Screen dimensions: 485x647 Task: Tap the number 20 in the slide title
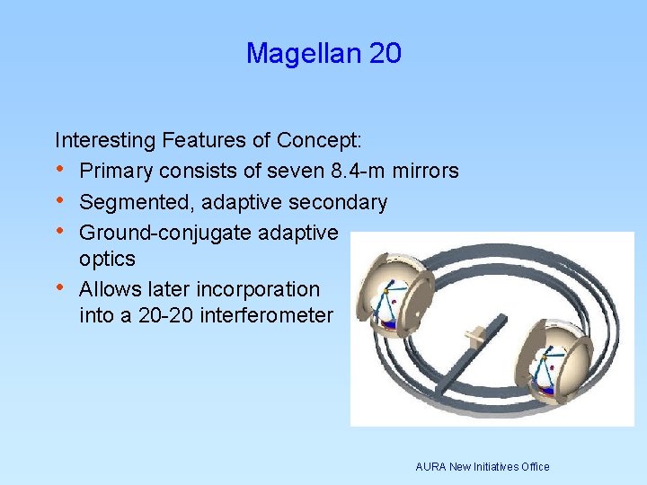click(x=386, y=54)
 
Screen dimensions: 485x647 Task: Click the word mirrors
click(x=427, y=171)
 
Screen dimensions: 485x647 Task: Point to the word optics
click(x=107, y=259)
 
